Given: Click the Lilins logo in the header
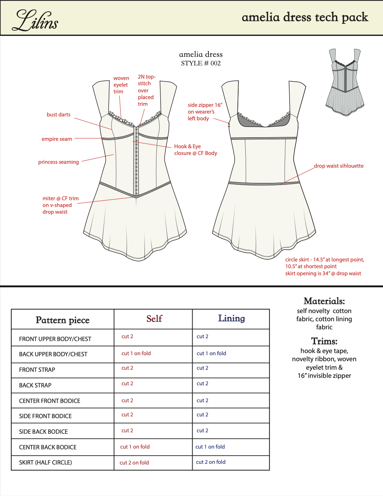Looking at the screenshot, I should point(35,21).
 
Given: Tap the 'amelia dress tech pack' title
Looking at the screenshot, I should point(305,17).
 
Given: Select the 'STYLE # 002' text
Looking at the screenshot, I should point(201,63).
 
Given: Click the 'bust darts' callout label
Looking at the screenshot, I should point(58,115).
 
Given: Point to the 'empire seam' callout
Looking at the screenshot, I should point(57,139).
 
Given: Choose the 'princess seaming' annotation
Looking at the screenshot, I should point(58,162).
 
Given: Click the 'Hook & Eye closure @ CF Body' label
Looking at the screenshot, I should point(195,150).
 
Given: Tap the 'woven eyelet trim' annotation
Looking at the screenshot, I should point(121,85).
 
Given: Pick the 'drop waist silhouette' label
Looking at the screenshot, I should point(339,166).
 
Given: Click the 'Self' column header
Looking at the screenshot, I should point(154,319).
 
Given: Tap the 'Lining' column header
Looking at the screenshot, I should point(231,318).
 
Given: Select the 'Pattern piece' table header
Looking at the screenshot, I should point(63,320).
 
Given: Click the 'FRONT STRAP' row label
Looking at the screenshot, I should point(37,370).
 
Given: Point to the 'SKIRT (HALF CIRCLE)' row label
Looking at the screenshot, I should point(45,462).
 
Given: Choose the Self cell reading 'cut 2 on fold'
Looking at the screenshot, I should point(134,463).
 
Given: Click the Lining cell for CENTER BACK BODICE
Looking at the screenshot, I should point(210,447).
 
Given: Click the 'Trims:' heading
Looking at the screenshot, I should point(324,341).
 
